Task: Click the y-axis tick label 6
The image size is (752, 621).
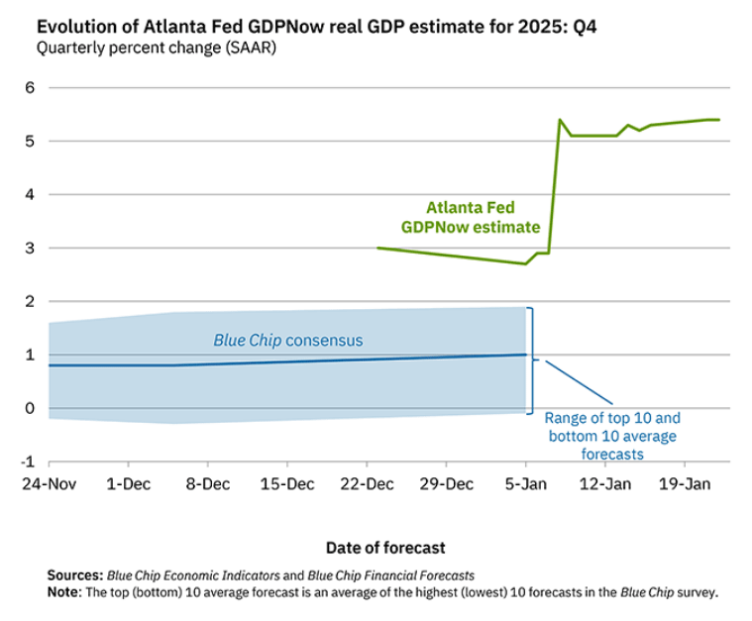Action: click(x=30, y=87)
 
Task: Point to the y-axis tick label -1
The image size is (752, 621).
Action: click(x=28, y=462)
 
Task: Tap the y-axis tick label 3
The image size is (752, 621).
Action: click(x=30, y=248)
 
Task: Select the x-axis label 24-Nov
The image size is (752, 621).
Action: click(x=48, y=484)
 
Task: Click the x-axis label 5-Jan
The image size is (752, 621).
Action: click(x=525, y=484)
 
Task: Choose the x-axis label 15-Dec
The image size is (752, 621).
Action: click(x=286, y=484)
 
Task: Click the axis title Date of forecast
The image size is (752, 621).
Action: click(x=384, y=547)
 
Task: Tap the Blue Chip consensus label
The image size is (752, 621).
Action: click(x=288, y=340)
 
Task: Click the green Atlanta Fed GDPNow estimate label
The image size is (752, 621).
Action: click(x=471, y=217)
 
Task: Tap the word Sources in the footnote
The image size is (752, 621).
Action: click(x=74, y=574)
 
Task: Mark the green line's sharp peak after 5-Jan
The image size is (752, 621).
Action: click(x=561, y=120)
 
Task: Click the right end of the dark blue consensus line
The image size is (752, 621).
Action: click(x=525, y=355)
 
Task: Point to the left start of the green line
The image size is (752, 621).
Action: click(x=378, y=248)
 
